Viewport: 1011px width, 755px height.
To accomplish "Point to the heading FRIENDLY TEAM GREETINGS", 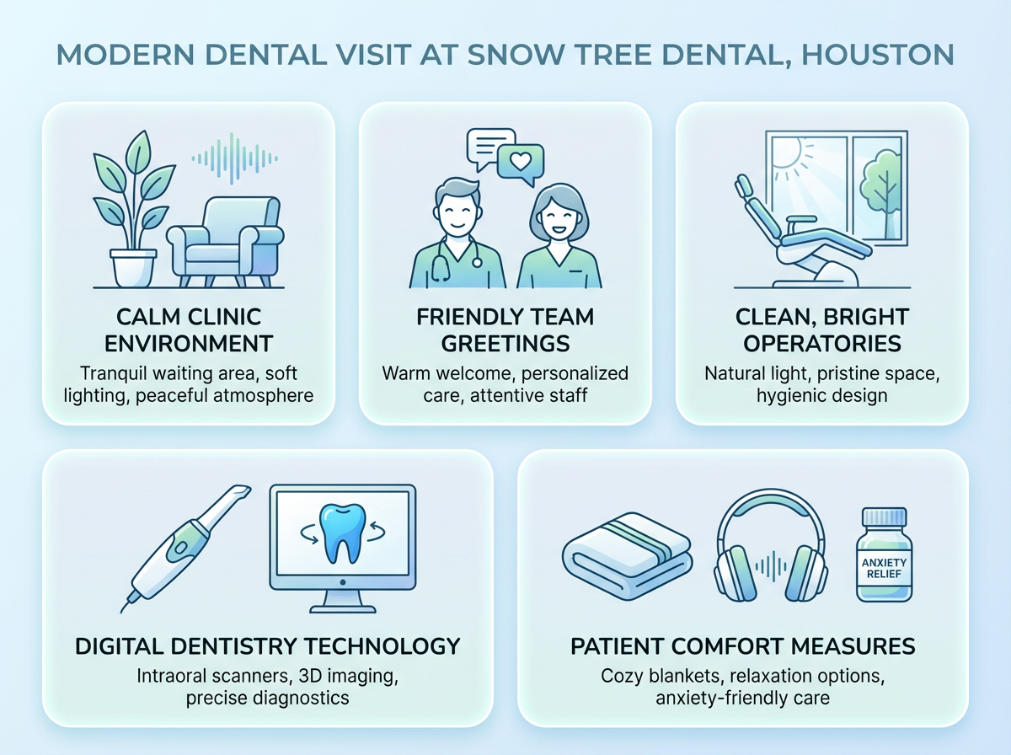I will [505, 330].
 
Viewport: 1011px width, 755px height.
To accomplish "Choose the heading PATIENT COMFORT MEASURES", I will [742, 646].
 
